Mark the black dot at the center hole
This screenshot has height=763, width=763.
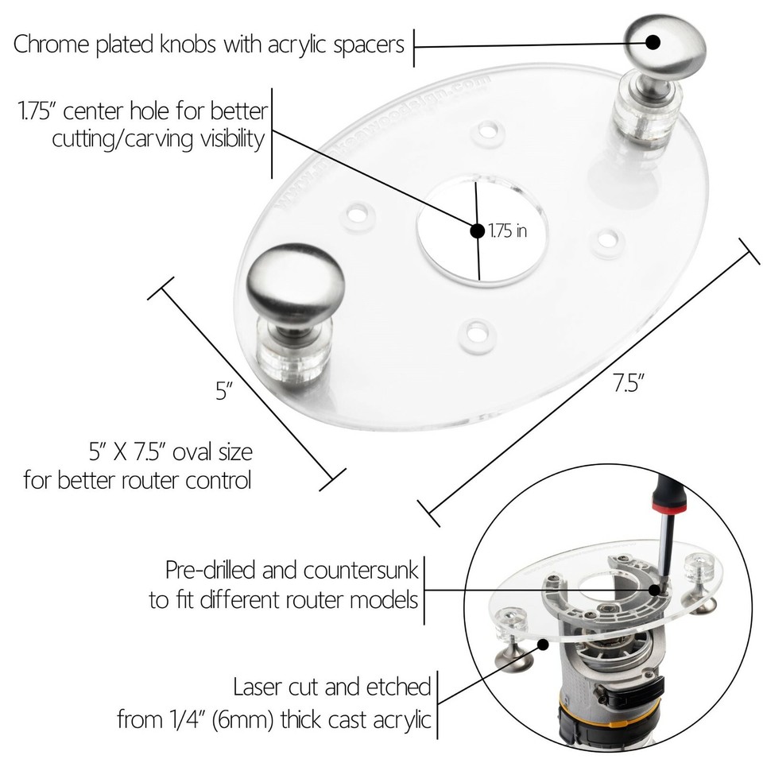pyautogui.click(x=478, y=231)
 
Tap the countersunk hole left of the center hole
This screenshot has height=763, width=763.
pyautogui.click(x=359, y=213)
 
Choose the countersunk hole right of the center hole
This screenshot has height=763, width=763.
pyautogui.click(x=609, y=238)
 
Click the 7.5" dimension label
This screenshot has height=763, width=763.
pyautogui.click(x=628, y=383)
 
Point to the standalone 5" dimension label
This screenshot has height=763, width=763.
pyautogui.click(x=224, y=391)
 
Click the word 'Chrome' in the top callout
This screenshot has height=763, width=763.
pyautogui.click(x=51, y=45)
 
